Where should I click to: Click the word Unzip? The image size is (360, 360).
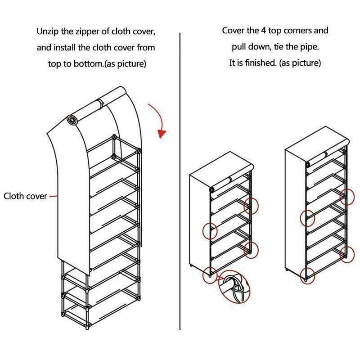(x=47, y=32)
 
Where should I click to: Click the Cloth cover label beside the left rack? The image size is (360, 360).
(x=25, y=196)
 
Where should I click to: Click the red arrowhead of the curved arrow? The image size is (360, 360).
(x=162, y=134)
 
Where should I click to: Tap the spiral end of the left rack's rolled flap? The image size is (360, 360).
(x=71, y=119)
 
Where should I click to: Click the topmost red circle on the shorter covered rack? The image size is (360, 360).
(x=251, y=206)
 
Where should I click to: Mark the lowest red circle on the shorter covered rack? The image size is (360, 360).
(x=209, y=274)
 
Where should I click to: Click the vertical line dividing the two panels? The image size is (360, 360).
(x=180, y=180)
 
